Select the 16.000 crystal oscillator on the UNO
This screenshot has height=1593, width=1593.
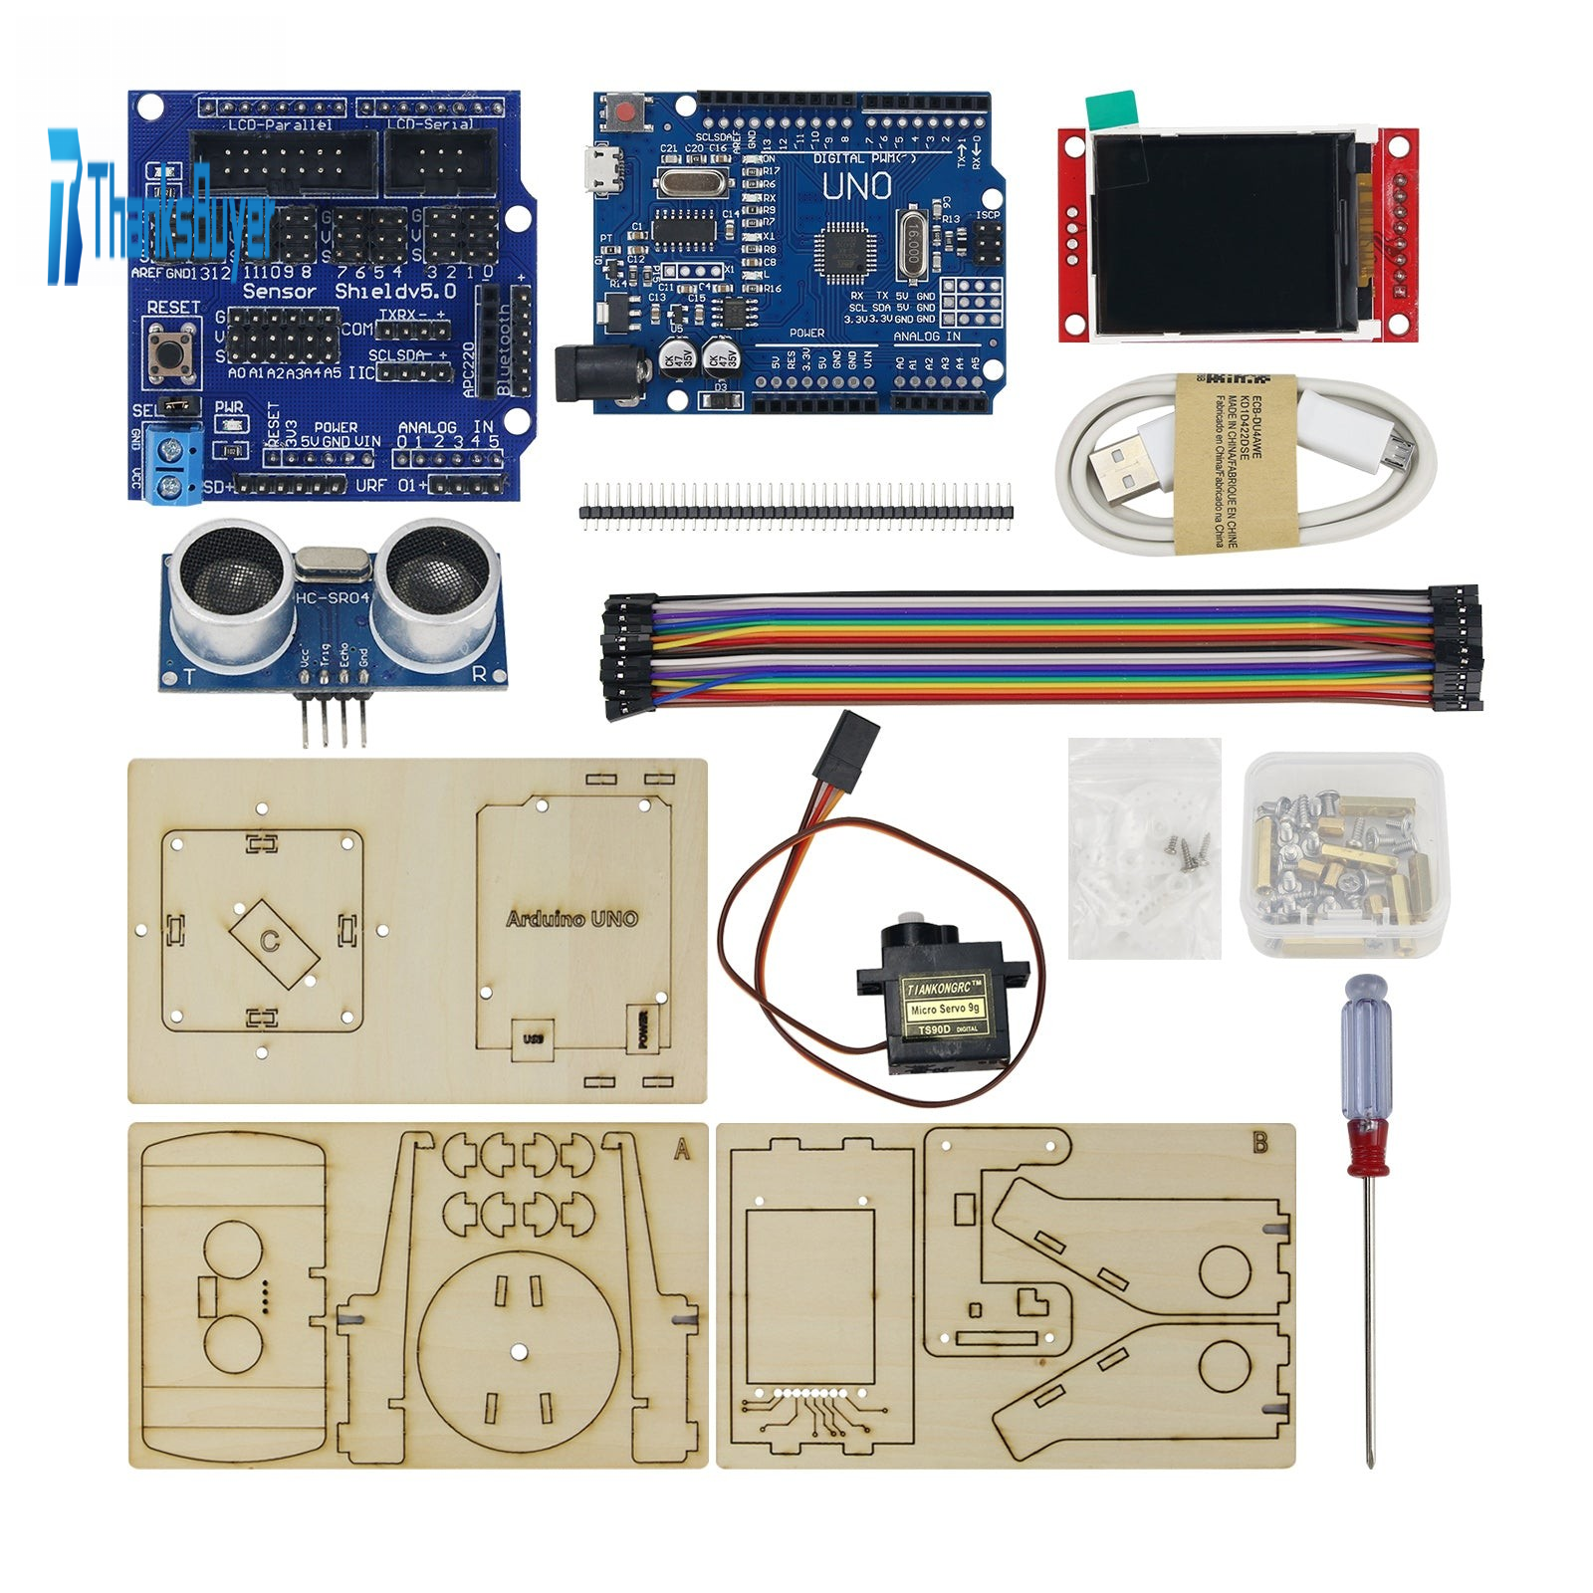911,242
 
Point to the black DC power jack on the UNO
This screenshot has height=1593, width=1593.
580,373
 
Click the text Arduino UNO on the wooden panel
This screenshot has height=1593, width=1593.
571,919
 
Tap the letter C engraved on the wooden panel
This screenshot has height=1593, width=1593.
270,941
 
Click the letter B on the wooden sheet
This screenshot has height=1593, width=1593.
1260,1143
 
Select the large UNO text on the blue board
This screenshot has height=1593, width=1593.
856,186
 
